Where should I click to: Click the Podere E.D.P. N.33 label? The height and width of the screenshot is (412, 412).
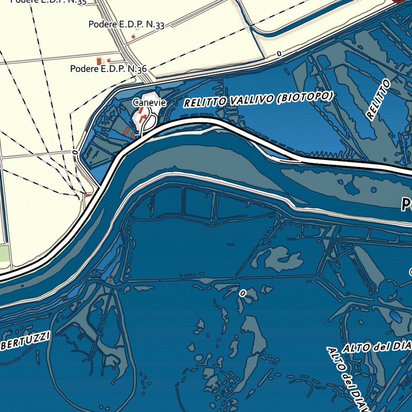[x=126, y=25]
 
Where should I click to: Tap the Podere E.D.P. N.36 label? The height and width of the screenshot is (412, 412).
[x=108, y=69]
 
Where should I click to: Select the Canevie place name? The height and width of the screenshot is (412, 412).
[x=149, y=103]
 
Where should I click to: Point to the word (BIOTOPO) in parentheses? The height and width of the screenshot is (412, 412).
[x=305, y=97]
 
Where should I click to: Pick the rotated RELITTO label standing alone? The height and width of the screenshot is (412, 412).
[x=379, y=100]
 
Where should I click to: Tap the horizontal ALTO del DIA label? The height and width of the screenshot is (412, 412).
[x=377, y=346]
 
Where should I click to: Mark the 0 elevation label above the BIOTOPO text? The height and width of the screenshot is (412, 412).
[x=278, y=54]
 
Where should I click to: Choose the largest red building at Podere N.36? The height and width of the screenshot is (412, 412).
[x=99, y=61]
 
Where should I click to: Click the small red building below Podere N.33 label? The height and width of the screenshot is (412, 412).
[x=133, y=37]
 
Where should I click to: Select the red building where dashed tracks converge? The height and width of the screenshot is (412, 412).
[x=88, y=195]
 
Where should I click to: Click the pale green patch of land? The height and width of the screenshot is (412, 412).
[x=4, y=253]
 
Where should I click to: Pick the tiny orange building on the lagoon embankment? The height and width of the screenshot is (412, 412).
[x=109, y=280]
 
